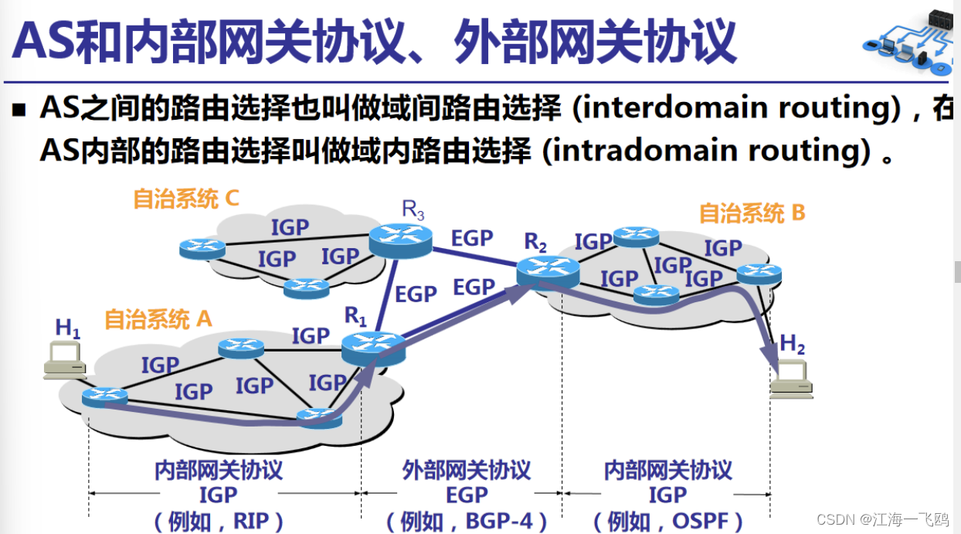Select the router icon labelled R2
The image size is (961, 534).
coord(548,271)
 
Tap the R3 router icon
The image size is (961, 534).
coord(400,240)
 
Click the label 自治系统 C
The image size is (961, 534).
coord(186,199)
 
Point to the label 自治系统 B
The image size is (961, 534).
coord(752,213)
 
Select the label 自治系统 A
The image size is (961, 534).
coord(158,318)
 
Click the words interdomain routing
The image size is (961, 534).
coord(734,108)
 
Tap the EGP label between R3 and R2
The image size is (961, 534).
coord(472,238)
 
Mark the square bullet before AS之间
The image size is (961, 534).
coord(19,110)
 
